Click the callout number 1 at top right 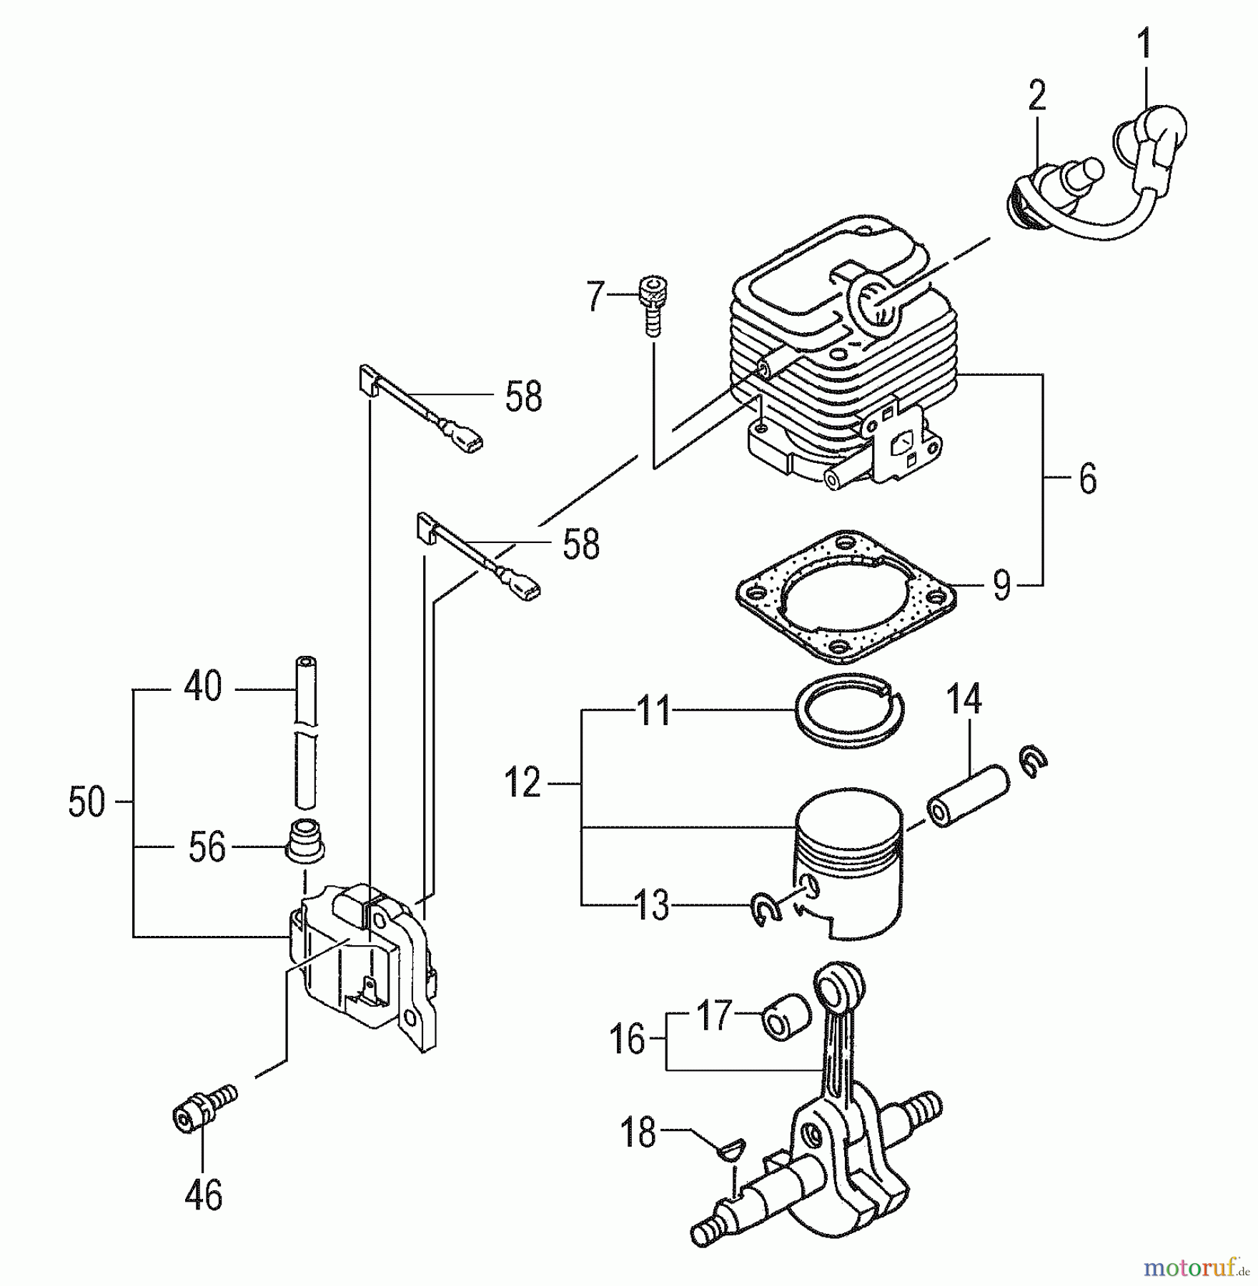(x=1144, y=44)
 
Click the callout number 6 (x=1087, y=479)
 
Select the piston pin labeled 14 (x=968, y=797)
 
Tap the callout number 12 (x=522, y=783)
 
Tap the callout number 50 (x=86, y=802)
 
